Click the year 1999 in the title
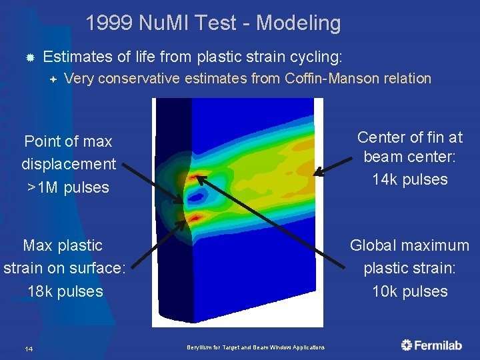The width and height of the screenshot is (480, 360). click(109, 23)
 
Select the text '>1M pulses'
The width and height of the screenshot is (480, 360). click(68, 187)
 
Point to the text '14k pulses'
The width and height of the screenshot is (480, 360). click(410, 179)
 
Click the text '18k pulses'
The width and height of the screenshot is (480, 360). click(65, 291)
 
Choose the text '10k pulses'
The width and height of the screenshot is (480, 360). click(410, 291)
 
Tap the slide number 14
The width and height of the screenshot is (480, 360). click(29, 349)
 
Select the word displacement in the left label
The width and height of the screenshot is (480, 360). click(69, 164)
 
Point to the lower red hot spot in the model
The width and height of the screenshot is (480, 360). click(195, 217)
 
